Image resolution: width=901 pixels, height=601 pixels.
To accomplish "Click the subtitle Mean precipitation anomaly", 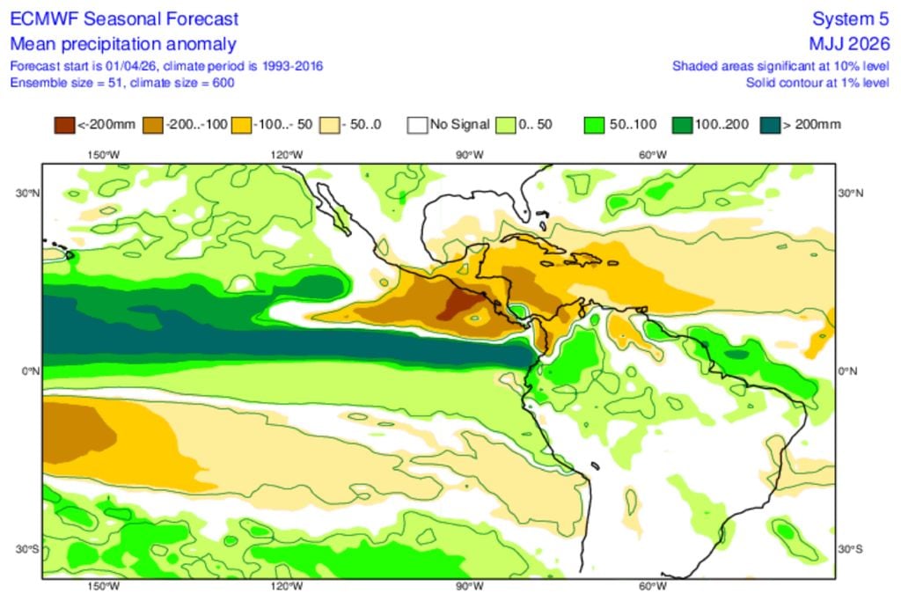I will pyautogui.click(x=123, y=44).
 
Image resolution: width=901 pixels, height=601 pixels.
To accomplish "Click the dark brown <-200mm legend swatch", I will pyautogui.click(x=65, y=124).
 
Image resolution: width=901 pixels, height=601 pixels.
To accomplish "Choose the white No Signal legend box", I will pyautogui.click(x=417, y=124).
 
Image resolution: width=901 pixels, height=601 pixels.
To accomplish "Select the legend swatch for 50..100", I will pyautogui.click(x=595, y=124).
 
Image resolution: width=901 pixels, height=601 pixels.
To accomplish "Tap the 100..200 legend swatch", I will pyautogui.click(x=682, y=124).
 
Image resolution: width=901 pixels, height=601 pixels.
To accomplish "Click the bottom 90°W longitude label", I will pyautogui.click(x=469, y=587).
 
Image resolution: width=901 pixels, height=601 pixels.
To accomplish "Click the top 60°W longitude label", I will pyautogui.click(x=652, y=155).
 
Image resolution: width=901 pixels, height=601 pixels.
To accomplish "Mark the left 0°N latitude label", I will pyautogui.click(x=30, y=371).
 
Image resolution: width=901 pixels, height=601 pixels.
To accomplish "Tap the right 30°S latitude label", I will pyautogui.click(x=850, y=549).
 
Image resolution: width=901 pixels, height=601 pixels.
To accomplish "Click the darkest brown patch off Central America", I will pyautogui.click(x=460, y=304).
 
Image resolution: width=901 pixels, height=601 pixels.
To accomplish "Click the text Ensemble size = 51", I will pyautogui.click(x=60, y=83).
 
